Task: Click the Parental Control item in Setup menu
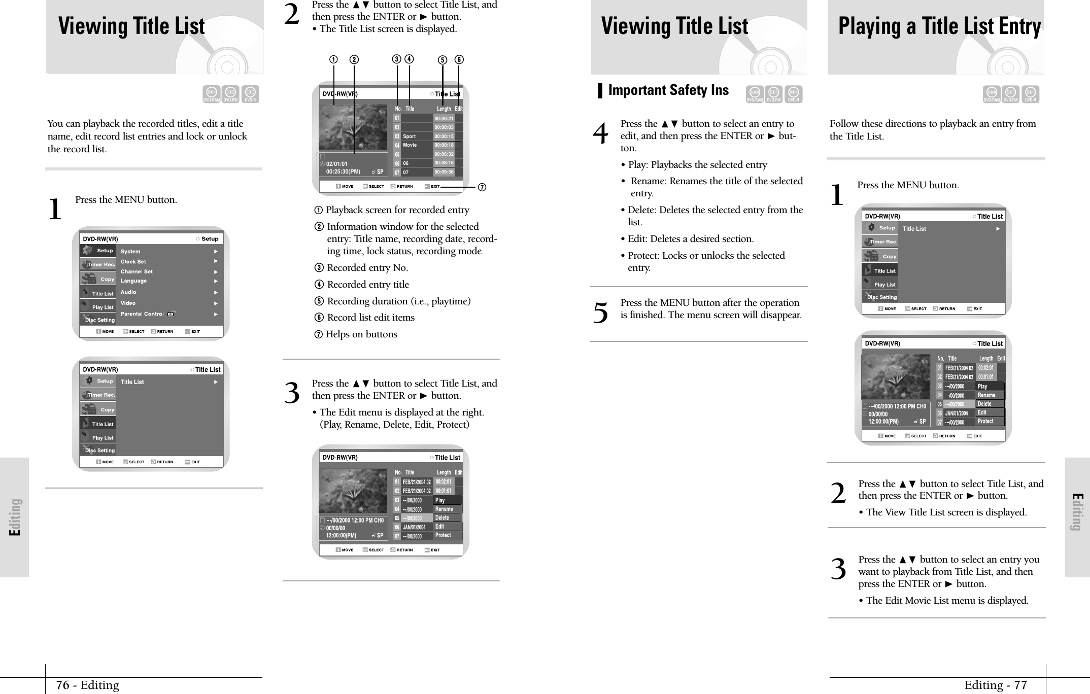[x=142, y=314]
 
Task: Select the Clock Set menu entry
[x=133, y=262]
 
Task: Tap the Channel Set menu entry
[x=137, y=271]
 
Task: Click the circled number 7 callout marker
[x=482, y=188]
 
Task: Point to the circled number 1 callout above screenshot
[x=333, y=59]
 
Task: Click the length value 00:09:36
[x=444, y=172]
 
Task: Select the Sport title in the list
[x=409, y=136]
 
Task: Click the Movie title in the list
[x=410, y=145]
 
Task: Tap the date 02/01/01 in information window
[x=337, y=164]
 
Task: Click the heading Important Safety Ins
[x=668, y=90]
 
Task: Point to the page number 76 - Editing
[x=87, y=685]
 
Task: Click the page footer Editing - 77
[x=995, y=685]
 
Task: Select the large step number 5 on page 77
[x=600, y=313]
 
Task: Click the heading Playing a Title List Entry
[x=939, y=26]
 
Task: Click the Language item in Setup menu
[x=133, y=281]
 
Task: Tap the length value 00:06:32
[x=444, y=154]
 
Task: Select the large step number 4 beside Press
[x=600, y=134]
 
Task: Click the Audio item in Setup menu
[x=128, y=292]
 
